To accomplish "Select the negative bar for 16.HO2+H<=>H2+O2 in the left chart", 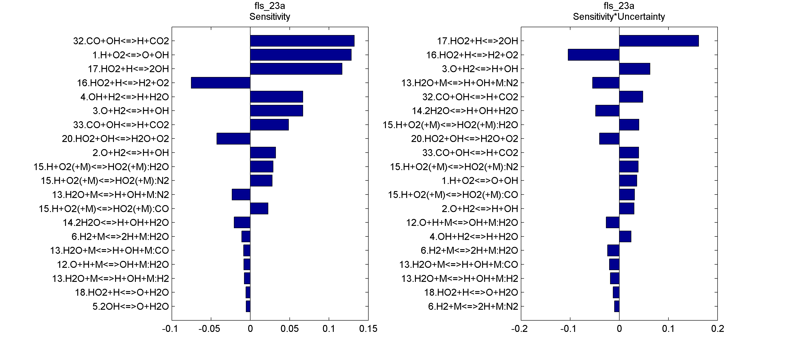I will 221,83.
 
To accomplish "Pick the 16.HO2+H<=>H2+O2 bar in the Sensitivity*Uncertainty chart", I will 593,55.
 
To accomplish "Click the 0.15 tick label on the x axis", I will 368,329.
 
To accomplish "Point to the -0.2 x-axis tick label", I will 519,329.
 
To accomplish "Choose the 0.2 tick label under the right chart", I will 717,329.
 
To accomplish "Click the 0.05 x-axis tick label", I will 289,329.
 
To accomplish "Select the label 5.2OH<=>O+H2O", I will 131,307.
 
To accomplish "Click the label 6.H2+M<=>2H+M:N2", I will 473,307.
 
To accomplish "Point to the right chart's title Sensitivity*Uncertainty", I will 619,17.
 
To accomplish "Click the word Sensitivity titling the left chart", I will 270,17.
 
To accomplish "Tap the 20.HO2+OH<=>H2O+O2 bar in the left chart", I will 233,139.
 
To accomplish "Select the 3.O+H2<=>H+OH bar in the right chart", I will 635,69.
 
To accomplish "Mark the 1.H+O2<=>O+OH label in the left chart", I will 131,55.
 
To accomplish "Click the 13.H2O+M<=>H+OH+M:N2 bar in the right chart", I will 605,83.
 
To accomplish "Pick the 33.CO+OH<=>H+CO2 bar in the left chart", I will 269,125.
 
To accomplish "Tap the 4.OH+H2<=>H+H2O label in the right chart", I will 474,237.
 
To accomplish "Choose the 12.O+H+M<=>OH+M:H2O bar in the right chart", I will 612,222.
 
